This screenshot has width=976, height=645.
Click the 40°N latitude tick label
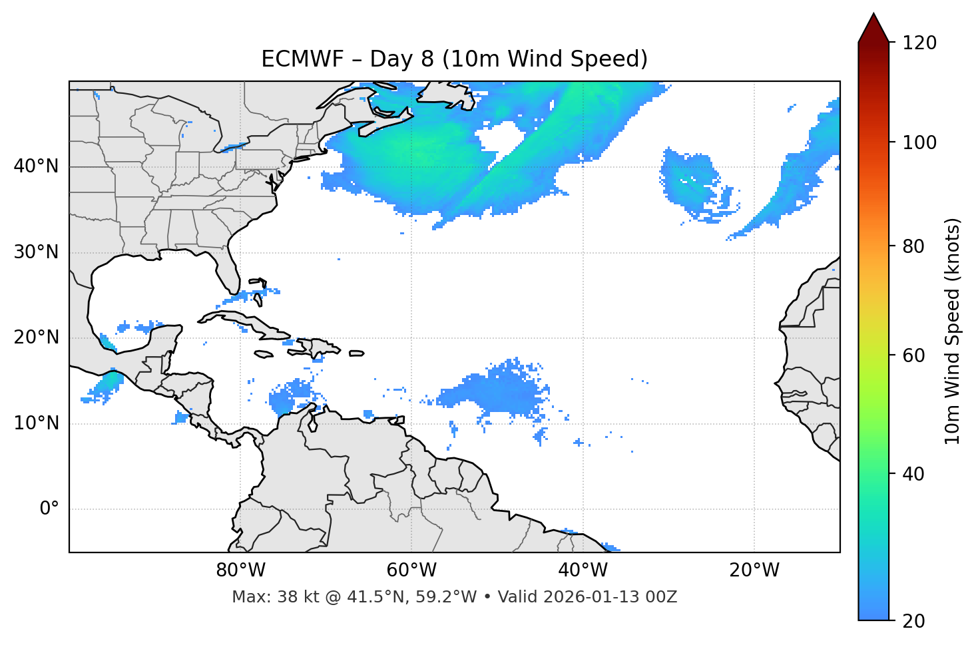coord(36,166)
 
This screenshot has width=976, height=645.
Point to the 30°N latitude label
coord(36,252)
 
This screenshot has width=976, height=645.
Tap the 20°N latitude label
coord(36,337)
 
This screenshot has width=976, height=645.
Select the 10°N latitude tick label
coord(36,423)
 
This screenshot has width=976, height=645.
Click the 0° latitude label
coord(49,509)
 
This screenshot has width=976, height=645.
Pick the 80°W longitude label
coord(240,570)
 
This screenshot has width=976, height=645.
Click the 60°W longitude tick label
coord(411,570)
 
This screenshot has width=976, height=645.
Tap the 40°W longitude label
coord(583,570)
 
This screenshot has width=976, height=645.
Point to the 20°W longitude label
coord(754,570)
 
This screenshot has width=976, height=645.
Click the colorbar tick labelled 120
coord(919,43)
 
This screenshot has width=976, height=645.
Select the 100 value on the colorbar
coord(919,142)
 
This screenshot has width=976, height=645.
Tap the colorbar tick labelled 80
coord(914,246)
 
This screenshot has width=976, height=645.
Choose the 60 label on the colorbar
coord(914,355)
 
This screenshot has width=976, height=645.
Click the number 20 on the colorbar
coord(914,621)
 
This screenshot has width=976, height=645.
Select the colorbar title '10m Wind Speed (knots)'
coord(953,331)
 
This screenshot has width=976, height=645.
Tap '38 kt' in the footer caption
coord(290,597)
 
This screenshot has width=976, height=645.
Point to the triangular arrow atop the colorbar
coord(873,28)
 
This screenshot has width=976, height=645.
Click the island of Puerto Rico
coord(357,353)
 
